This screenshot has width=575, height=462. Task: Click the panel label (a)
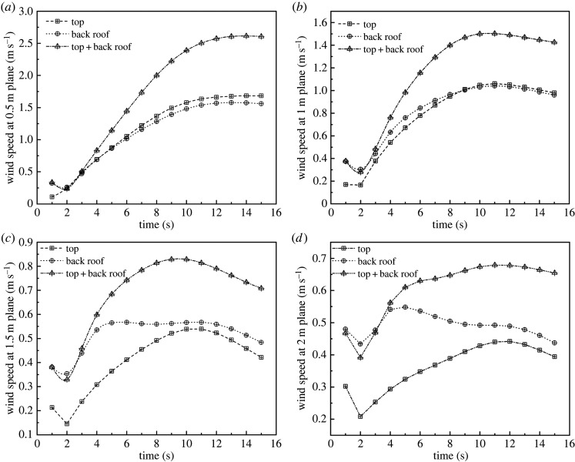coord(9,6)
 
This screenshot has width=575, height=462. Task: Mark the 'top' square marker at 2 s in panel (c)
coord(67,423)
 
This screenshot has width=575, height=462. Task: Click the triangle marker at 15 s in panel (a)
coord(262,36)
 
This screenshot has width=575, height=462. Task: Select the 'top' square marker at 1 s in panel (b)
coord(345,185)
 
